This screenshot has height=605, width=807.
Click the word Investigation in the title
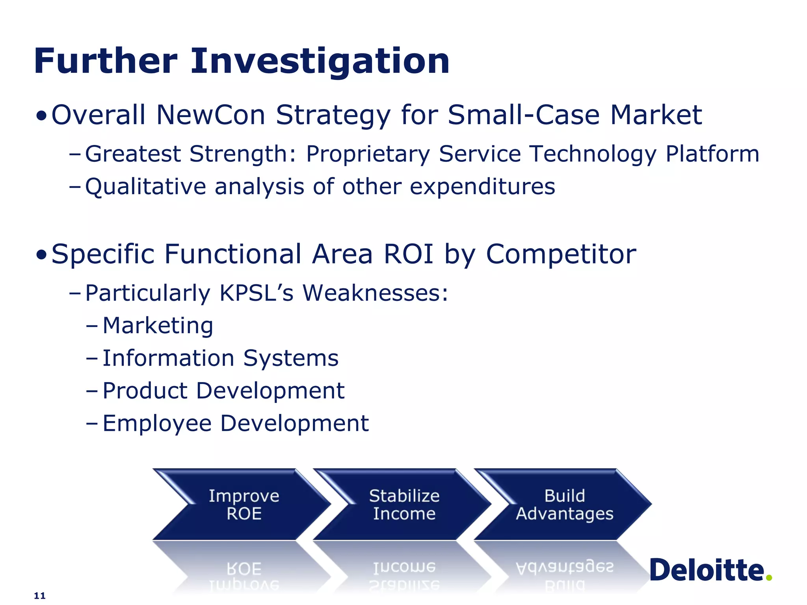(x=320, y=61)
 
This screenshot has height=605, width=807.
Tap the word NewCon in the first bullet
(x=210, y=115)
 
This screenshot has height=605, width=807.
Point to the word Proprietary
(x=368, y=154)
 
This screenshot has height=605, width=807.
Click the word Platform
(x=712, y=154)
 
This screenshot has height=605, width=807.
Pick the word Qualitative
(x=145, y=187)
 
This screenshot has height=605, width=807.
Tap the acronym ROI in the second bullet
(x=408, y=254)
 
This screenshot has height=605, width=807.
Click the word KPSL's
(x=257, y=293)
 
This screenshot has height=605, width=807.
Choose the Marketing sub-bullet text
(x=158, y=326)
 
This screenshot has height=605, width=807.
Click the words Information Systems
(x=220, y=358)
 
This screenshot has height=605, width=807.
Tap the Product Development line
(x=223, y=391)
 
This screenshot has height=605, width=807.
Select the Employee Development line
(x=236, y=423)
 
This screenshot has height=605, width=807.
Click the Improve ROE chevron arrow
(x=244, y=505)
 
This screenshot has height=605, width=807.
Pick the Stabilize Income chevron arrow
(x=404, y=505)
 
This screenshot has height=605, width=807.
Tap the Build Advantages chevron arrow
(x=564, y=505)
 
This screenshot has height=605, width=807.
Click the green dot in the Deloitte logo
(x=769, y=577)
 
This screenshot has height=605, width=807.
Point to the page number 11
(x=40, y=596)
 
